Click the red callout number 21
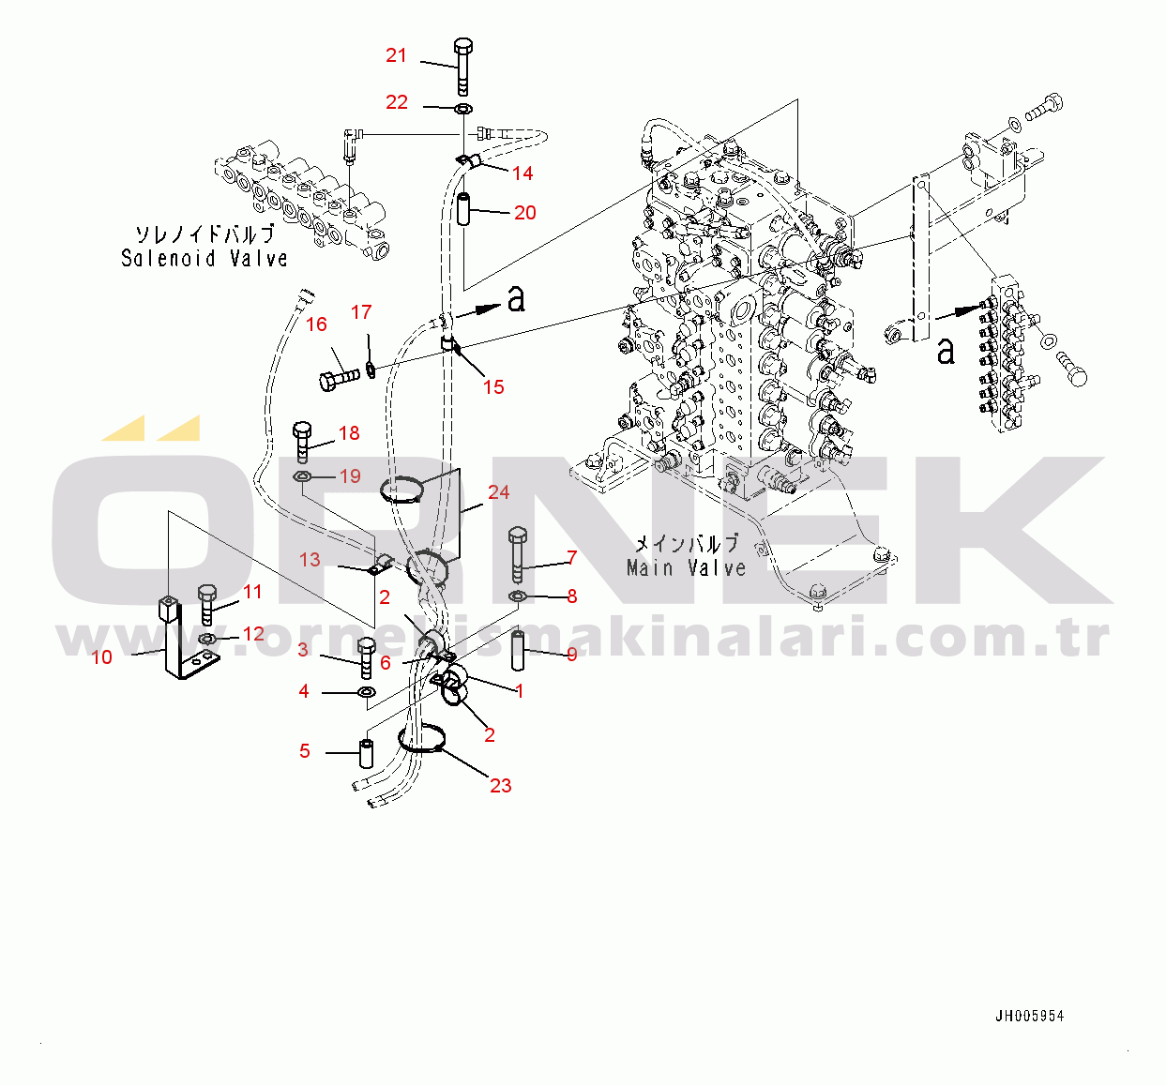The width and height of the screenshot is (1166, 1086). pyautogui.click(x=396, y=55)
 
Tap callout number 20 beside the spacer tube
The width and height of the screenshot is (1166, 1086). pyautogui.click(x=525, y=213)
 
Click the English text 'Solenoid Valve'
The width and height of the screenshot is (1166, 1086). pyautogui.click(x=204, y=258)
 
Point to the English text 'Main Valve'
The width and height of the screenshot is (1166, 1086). pyautogui.click(x=686, y=567)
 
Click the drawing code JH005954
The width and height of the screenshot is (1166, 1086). pyautogui.click(x=1030, y=1016)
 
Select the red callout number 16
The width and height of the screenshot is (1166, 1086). pyautogui.click(x=316, y=324)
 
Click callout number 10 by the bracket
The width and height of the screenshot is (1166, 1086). pyautogui.click(x=101, y=657)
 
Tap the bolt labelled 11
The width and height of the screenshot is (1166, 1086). pyautogui.click(x=207, y=604)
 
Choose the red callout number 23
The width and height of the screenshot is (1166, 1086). pyautogui.click(x=501, y=786)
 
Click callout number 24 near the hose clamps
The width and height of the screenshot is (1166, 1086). pyautogui.click(x=498, y=492)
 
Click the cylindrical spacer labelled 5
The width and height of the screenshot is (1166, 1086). pyautogui.click(x=367, y=753)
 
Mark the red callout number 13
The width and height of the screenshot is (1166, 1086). pyautogui.click(x=310, y=560)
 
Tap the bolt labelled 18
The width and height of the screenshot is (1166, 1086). pyautogui.click(x=302, y=442)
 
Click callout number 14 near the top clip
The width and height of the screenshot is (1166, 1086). pyautogui.click(x=522, y=173)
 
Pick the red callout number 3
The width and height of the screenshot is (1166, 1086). pyautogui.click(x=303, y=650)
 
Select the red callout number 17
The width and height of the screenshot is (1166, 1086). pyautogui.click(x=361, y=312)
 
